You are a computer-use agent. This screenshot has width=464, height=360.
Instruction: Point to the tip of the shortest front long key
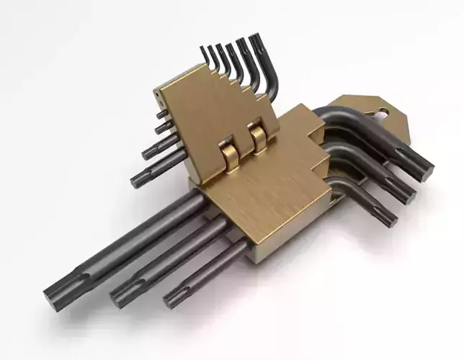(x=171, y=297)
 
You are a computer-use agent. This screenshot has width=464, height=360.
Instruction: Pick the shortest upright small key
(x=204, y=54)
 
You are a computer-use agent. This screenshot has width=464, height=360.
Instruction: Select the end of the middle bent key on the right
(x=406, y=191)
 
